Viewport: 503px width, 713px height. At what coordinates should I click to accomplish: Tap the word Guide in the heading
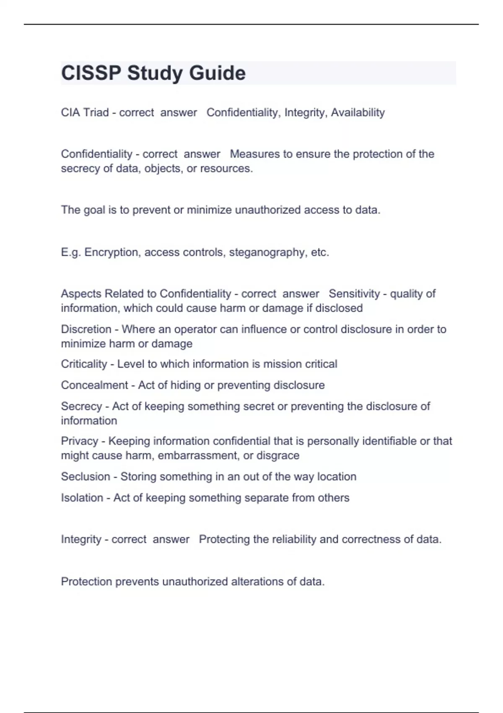point(217,73)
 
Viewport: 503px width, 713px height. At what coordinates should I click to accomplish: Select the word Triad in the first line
point(96,112)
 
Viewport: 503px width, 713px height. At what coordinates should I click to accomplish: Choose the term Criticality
point(84,364)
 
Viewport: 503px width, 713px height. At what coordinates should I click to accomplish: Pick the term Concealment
point(94,385)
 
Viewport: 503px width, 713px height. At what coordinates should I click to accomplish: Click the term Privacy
point(79,441)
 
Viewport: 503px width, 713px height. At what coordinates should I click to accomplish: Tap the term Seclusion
point(86,476)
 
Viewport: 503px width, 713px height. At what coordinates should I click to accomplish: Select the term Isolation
point(82,497)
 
